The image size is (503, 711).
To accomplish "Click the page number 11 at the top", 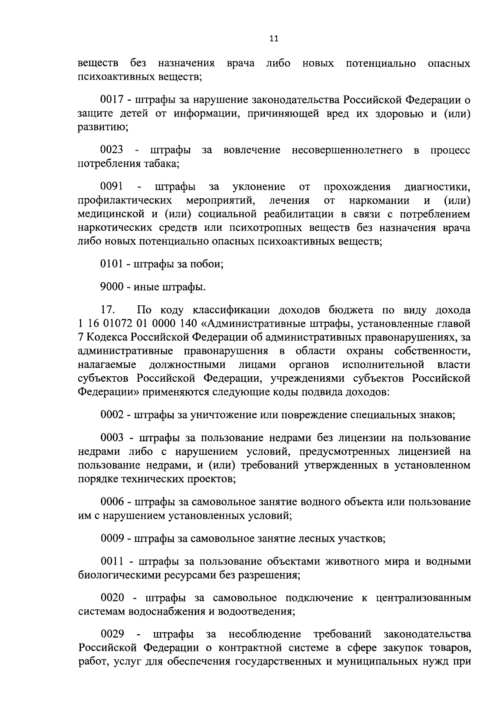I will click(x=273, y=39).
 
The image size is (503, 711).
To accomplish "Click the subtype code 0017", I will click(x=112, y=100).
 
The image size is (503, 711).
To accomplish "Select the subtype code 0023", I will click(x=112, y=150).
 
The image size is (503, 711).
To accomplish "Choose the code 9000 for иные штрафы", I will click(x=112, y=287).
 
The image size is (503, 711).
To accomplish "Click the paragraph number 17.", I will click(x=108, y=310).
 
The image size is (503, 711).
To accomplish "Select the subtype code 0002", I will click(x=112, y=415).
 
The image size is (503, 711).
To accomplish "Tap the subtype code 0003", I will click(x=112, y=438).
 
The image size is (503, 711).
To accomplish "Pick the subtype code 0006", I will click(x=112, y=502).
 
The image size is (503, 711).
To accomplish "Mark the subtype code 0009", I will click(x=112, y=538).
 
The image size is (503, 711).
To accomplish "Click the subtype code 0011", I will click(x=112, y=562).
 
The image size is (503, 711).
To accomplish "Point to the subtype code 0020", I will click(x=112, y=598).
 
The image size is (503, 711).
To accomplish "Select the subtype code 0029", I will click(x=112, y=634).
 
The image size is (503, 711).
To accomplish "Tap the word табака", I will click(x=160, y=164).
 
